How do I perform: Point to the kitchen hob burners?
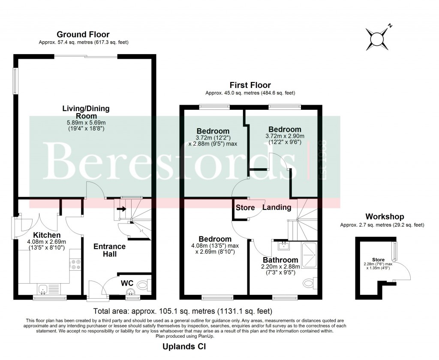(76, 264)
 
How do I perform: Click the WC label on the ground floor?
(127, 284)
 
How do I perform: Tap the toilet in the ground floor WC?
(144, 284)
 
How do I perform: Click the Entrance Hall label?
(110, 250)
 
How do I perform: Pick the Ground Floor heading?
(83, 34)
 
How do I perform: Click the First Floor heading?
(250, 85)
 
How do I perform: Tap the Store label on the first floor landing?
(245, 208)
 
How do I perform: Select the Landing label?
(277, 207)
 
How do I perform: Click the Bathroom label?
(280, 260)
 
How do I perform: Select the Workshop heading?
(384, 217)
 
